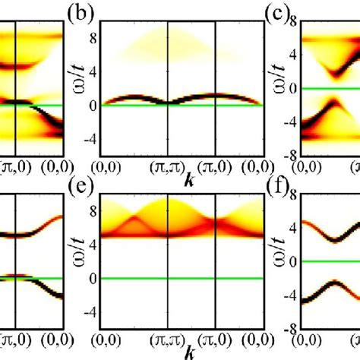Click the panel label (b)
81,14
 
